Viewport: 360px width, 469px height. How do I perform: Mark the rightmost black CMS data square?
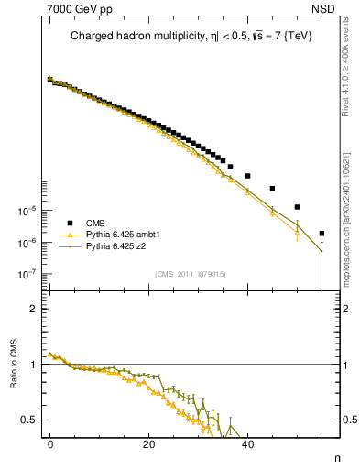(322, 233)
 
